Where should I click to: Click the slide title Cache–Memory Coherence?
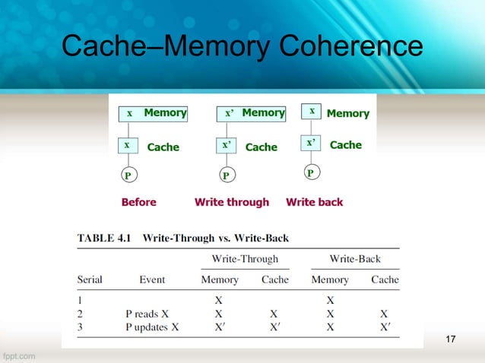242,47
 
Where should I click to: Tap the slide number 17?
450,337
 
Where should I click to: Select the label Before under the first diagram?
139,202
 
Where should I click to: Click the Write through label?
232,202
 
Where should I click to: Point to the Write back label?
314,202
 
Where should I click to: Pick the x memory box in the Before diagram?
129,113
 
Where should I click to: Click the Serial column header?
90,279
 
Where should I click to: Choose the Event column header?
152,279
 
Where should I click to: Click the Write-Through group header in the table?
244,259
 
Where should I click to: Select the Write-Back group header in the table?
355,259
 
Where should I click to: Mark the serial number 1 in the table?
81,298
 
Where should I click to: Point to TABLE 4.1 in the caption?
103,238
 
